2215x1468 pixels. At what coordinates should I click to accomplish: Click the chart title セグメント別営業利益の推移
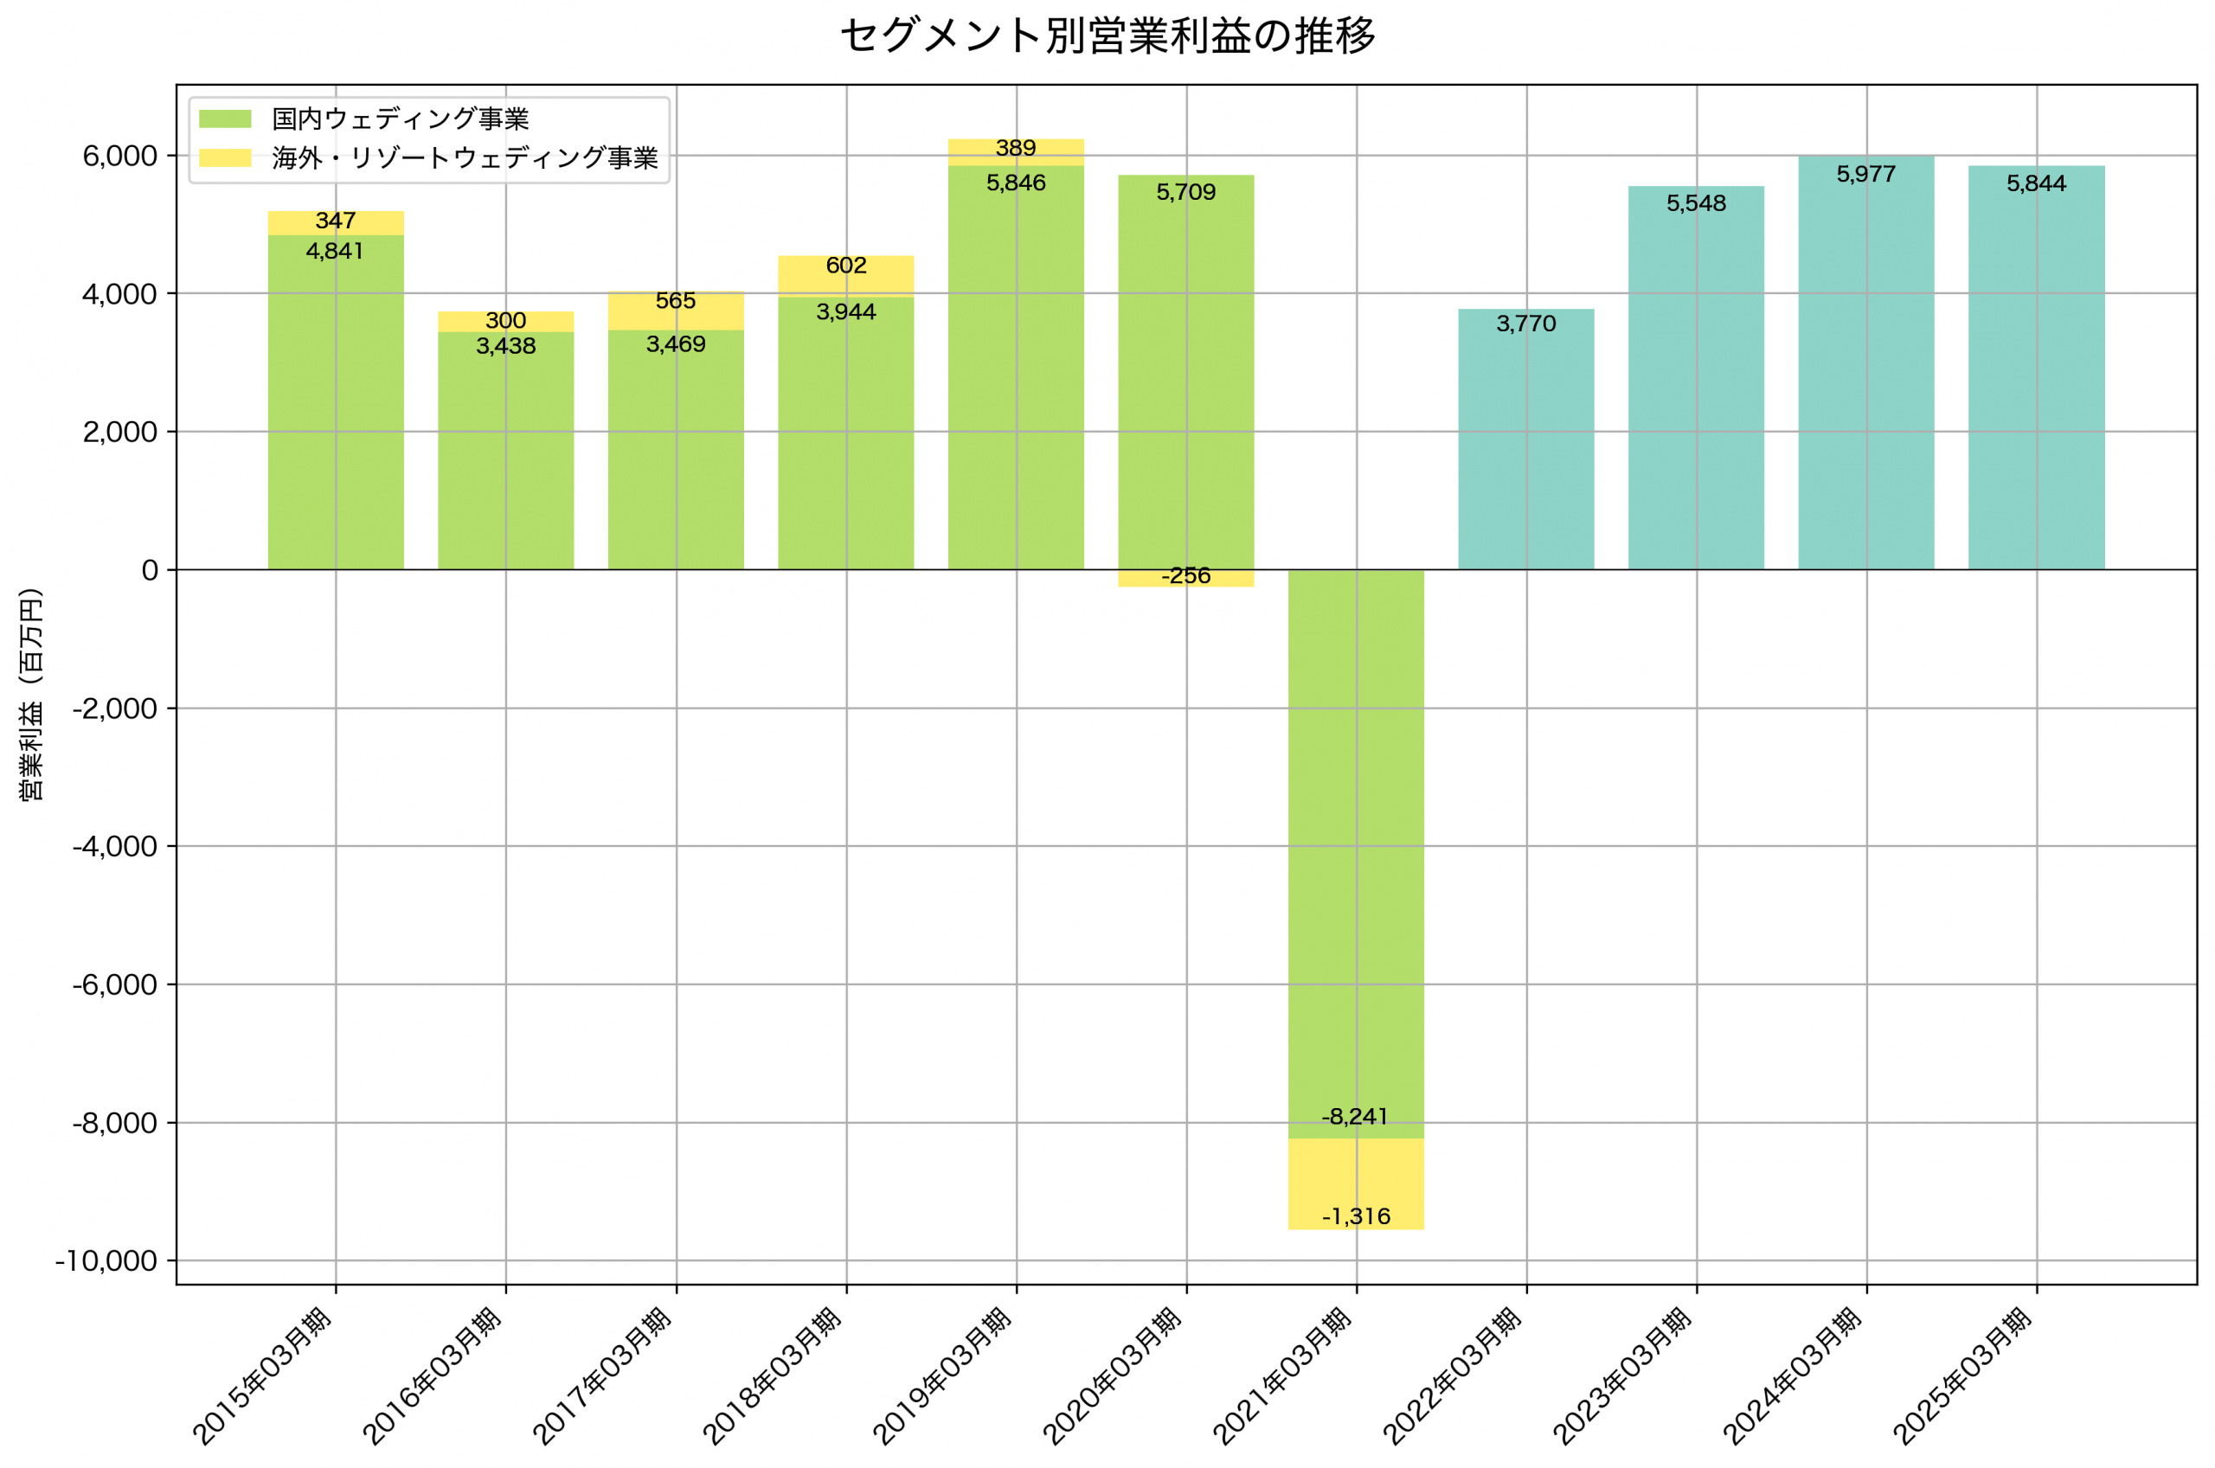(1107, 36)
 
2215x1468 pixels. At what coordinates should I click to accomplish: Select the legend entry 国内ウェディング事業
(400, 119)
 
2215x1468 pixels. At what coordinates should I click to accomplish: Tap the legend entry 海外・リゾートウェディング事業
(465, 157)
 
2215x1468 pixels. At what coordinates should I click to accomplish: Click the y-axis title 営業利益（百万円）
(31, 695)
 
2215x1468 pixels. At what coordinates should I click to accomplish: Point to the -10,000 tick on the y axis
(106, 1261)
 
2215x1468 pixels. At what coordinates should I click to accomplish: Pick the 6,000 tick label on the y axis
(119, 157)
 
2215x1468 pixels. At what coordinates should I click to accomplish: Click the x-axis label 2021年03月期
(1283, 1376)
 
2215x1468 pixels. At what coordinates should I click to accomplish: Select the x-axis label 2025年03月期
(1963, 1376)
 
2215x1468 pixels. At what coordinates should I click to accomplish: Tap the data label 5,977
(1865, 174)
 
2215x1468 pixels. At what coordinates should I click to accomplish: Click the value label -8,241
(1355, 1117)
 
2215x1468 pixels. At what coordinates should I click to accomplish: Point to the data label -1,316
(1356, 1217)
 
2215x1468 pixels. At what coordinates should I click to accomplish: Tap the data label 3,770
(1526, 324)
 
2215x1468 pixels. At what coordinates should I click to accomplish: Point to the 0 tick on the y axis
(150, 570)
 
